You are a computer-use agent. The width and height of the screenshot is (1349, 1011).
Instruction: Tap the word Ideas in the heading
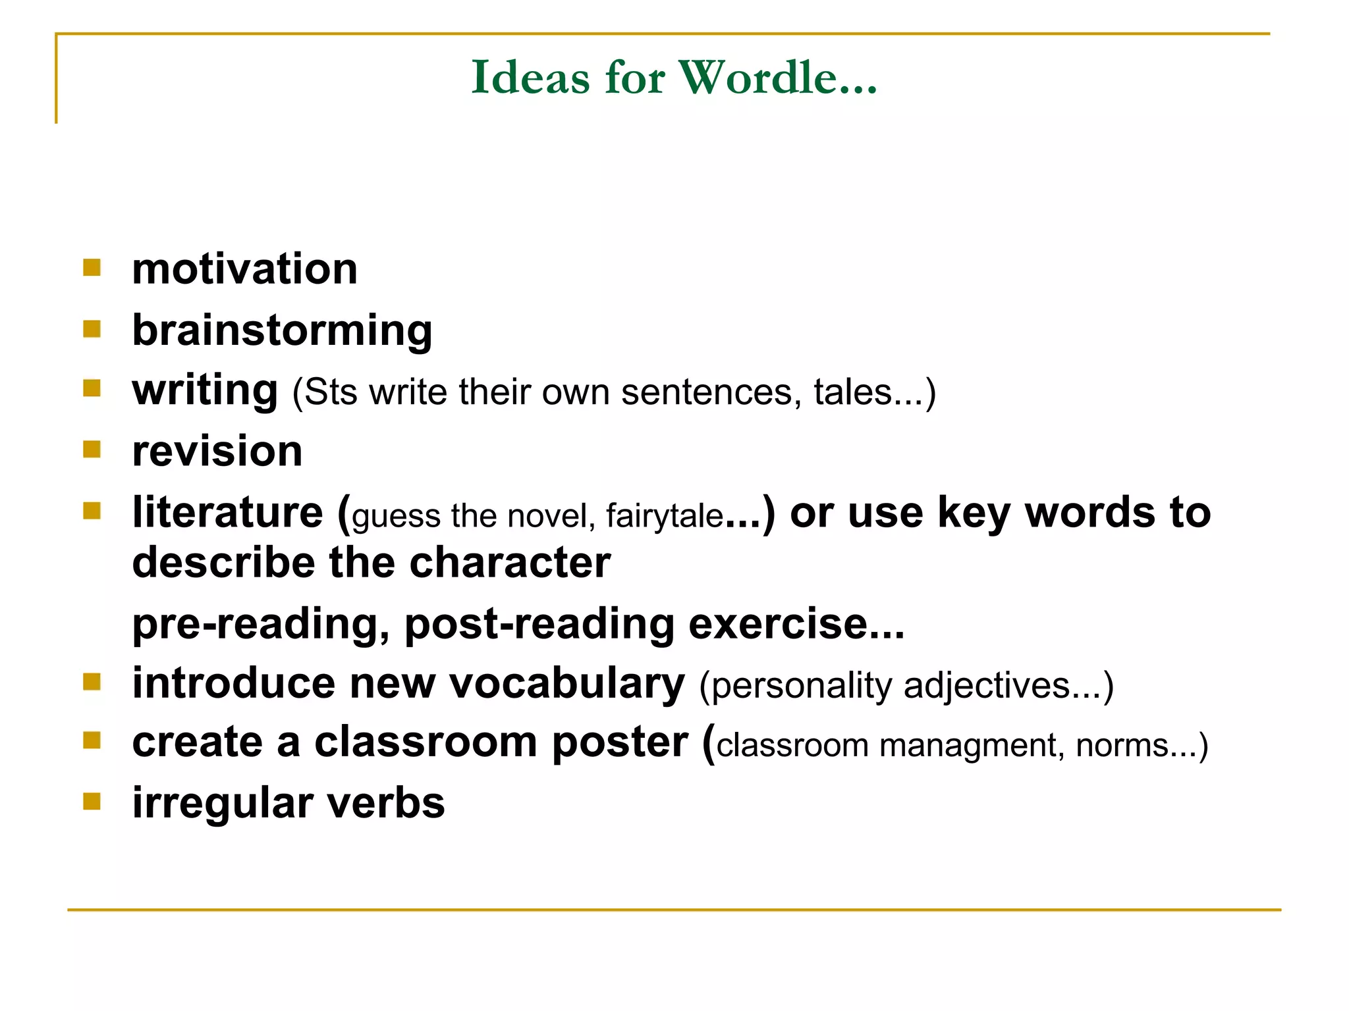pos(530,78)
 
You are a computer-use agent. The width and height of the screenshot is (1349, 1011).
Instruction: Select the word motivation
pos(244,269)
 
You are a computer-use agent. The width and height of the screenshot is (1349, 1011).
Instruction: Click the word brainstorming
pos(282,330)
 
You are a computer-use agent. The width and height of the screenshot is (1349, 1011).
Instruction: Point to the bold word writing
pos(205,390)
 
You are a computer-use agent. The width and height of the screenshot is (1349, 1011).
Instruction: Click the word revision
pos(217,452)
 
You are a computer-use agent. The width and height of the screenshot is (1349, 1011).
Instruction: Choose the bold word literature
pos(228,513)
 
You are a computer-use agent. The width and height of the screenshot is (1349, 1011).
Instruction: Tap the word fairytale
pos(664,515)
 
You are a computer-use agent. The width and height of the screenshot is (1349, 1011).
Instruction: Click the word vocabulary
pos(566,684)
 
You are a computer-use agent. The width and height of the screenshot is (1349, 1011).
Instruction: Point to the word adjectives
pos(987,686)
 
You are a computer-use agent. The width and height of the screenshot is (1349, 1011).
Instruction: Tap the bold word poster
pos(620,743)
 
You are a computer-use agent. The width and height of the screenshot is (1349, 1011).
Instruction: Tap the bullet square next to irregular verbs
pos(92,801)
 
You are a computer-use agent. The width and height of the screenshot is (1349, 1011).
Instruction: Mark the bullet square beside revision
pos(92,450)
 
